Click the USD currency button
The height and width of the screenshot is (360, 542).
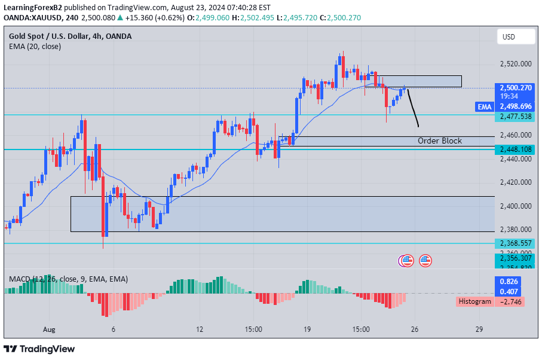point(509,37)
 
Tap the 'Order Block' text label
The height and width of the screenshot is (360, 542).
point(439,141)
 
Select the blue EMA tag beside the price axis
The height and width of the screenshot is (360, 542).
point(484,106)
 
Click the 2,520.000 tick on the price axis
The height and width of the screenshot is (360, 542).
point(516,64)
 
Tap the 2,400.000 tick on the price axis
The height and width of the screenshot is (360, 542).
point(516,206)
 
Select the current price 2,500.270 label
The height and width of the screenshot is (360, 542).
point(516,87)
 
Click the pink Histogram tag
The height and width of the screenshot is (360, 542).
point(474,301)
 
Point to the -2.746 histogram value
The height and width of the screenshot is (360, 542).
point(513,301)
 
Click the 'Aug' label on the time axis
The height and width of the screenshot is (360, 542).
point(49,330)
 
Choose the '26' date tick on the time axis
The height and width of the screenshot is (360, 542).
point(414,330)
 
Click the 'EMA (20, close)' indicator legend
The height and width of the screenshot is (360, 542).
point(35,47)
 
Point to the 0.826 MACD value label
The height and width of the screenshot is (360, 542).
point(509,281)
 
